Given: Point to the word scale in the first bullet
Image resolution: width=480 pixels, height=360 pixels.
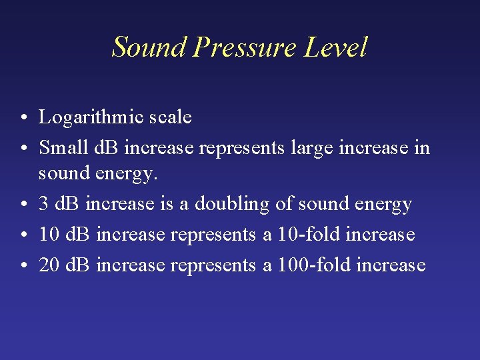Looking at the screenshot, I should tap(171, 118).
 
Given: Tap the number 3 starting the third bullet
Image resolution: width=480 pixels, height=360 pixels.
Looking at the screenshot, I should tap(43, 204).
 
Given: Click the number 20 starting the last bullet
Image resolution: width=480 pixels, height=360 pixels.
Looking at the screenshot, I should tap(49, 265).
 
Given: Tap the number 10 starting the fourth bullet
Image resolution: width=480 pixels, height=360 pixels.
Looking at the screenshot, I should tap(49, 235).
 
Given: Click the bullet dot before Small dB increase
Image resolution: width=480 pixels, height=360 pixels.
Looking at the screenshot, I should tap(23, 147).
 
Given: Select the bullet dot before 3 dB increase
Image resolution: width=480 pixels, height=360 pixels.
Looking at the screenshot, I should tap(23, 205).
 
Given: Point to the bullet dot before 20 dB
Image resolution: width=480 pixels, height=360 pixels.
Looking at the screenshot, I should tap(23, 266).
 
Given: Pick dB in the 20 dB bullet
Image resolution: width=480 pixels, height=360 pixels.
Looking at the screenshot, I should tap(77, 265).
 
